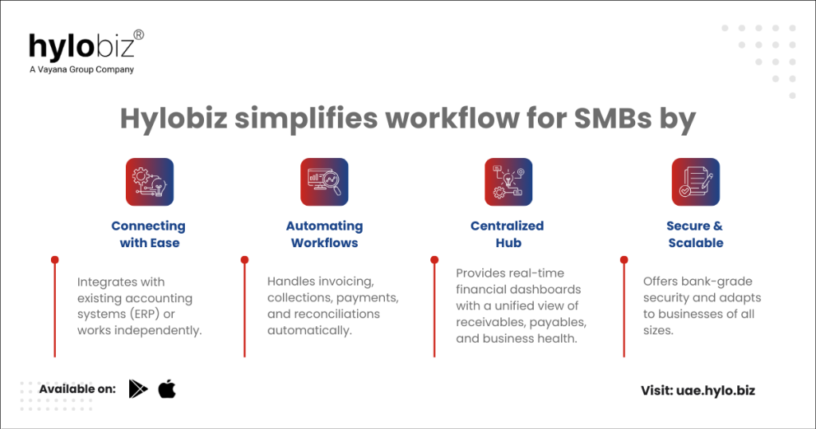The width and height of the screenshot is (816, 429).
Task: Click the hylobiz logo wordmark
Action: (81, 47)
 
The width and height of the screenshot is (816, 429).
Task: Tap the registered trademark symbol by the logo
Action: (139, 35)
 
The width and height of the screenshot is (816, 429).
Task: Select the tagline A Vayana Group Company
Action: (82, 69)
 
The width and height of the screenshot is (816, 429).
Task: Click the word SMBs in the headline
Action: (613, 118)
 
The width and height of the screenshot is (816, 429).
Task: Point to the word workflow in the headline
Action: (451, 118)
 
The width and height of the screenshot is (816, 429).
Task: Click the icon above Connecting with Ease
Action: (149, 182)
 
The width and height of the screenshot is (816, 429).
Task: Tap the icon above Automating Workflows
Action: (324, 182)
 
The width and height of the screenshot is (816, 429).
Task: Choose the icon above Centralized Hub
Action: (508, 182)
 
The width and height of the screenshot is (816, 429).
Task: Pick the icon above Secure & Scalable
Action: (696, 182)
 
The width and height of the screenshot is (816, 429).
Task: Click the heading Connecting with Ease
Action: (149, 234)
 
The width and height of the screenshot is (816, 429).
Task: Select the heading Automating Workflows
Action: (324, 234)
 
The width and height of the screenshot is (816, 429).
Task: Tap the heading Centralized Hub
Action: (508, 234)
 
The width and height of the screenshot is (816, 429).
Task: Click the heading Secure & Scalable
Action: (695, 234)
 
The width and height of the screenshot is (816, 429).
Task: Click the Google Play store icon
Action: (138, 389)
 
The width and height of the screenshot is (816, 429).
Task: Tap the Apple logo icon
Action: (167, 389)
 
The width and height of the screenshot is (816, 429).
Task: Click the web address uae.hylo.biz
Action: (716, 391)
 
